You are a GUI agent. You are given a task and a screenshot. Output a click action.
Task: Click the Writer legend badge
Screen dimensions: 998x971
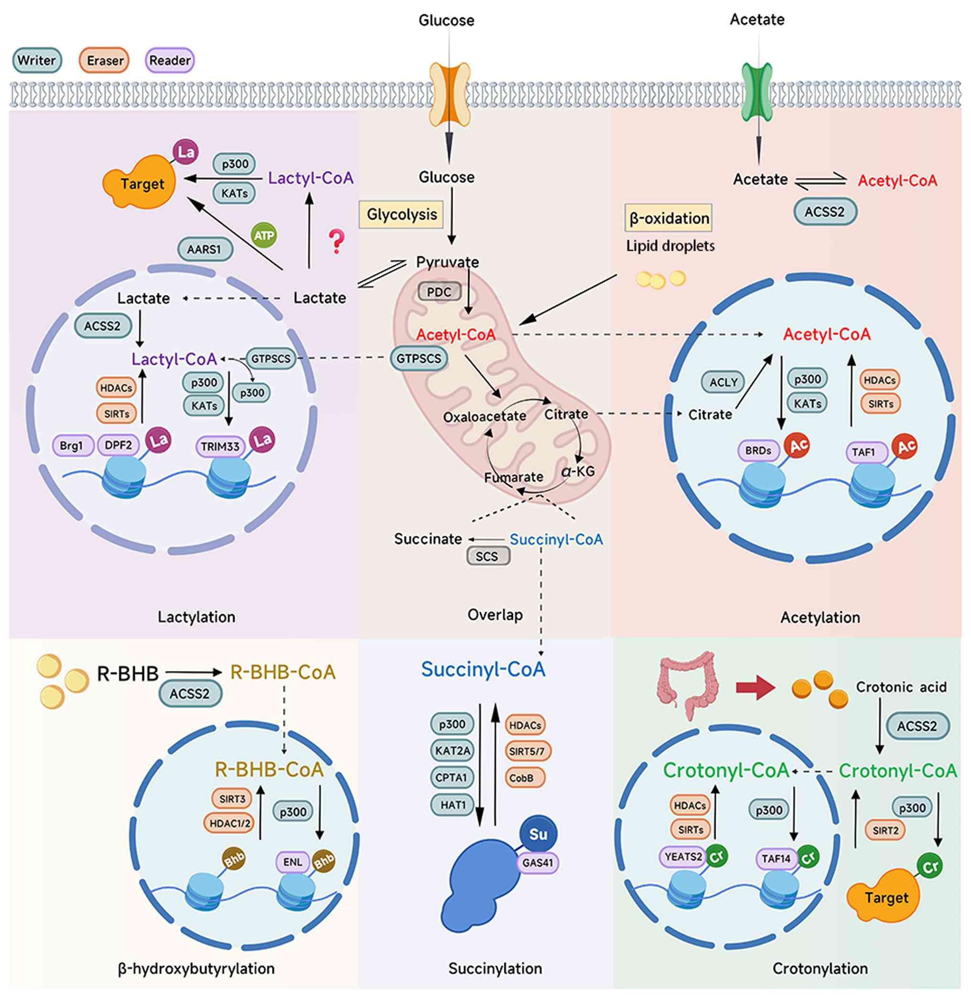point(37,60)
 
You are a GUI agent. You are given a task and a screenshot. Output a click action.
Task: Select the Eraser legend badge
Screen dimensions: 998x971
point(105,61)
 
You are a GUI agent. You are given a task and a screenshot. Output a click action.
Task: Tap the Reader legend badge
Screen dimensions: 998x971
point(169,60)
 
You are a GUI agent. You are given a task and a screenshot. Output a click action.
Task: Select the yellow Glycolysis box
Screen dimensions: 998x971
point(401,215)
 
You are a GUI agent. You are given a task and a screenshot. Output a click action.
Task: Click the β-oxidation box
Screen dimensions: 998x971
point(668,218)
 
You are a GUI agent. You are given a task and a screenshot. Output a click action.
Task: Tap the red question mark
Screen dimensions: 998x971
point(337,241)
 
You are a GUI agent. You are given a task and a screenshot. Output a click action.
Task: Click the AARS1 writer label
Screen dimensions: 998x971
point(205,249)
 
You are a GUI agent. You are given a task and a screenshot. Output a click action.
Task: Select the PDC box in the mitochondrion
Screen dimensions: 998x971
point(439,292)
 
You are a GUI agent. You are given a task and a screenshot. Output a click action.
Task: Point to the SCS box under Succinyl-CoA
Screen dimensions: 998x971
point(488,556)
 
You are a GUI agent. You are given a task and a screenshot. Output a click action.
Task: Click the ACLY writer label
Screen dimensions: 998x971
point(723,382)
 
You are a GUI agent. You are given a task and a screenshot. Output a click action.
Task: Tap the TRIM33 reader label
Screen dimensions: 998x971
point(220,447)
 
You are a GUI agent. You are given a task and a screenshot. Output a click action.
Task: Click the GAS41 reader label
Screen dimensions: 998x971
point(537,863)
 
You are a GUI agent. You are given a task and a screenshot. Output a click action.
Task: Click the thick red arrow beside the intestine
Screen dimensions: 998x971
point(755,688)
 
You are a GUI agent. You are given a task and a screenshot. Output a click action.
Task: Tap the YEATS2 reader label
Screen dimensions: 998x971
point(684,857)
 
